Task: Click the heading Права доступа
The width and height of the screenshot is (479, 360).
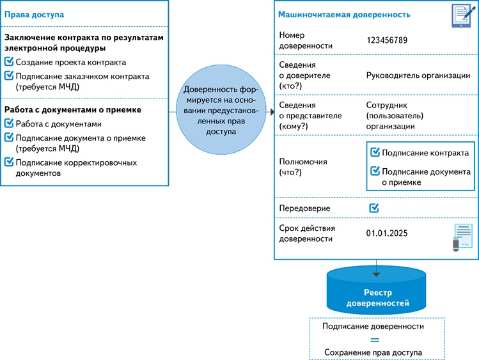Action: pyautogui.click(x=35, y=14)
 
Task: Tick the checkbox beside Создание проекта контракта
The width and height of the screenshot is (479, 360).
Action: pyautogui.click(x=9, y=62)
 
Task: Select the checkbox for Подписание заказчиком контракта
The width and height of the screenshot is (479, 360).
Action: pyautogui.click(x=9, y=76)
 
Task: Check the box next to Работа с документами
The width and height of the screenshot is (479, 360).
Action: pyautogui.click(x=9, y=124)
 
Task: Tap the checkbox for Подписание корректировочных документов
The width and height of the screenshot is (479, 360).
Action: pyautogui.click(x=9, y=162)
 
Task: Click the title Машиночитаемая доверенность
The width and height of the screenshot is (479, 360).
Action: pyautogui.click(x=344, y=14)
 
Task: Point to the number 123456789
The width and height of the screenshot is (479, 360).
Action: pyautogui.click(x=387, y=40)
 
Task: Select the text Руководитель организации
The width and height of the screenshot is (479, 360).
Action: pyautogui.click(x=418, y=75)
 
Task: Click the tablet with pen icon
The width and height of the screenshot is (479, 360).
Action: pyautogui.click(x=460, y=15)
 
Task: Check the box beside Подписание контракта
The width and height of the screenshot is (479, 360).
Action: pyautogui.click(x=375, y=153)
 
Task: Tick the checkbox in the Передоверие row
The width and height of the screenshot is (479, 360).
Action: pyautogui.click(x=374, y=208)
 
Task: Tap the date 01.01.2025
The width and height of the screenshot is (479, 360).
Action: pyautogui.click(x=387, y=233)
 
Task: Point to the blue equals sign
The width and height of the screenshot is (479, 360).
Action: pyautogui.click(x=374, y=340)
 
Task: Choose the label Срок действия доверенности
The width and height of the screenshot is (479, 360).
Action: pyautogui.click(x=307, y=233)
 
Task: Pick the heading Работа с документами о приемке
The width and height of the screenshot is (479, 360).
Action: pyautogui.click(x=73, y=110)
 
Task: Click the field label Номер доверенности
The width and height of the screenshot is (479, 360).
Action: pyautogui.click(x=306, y=40)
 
